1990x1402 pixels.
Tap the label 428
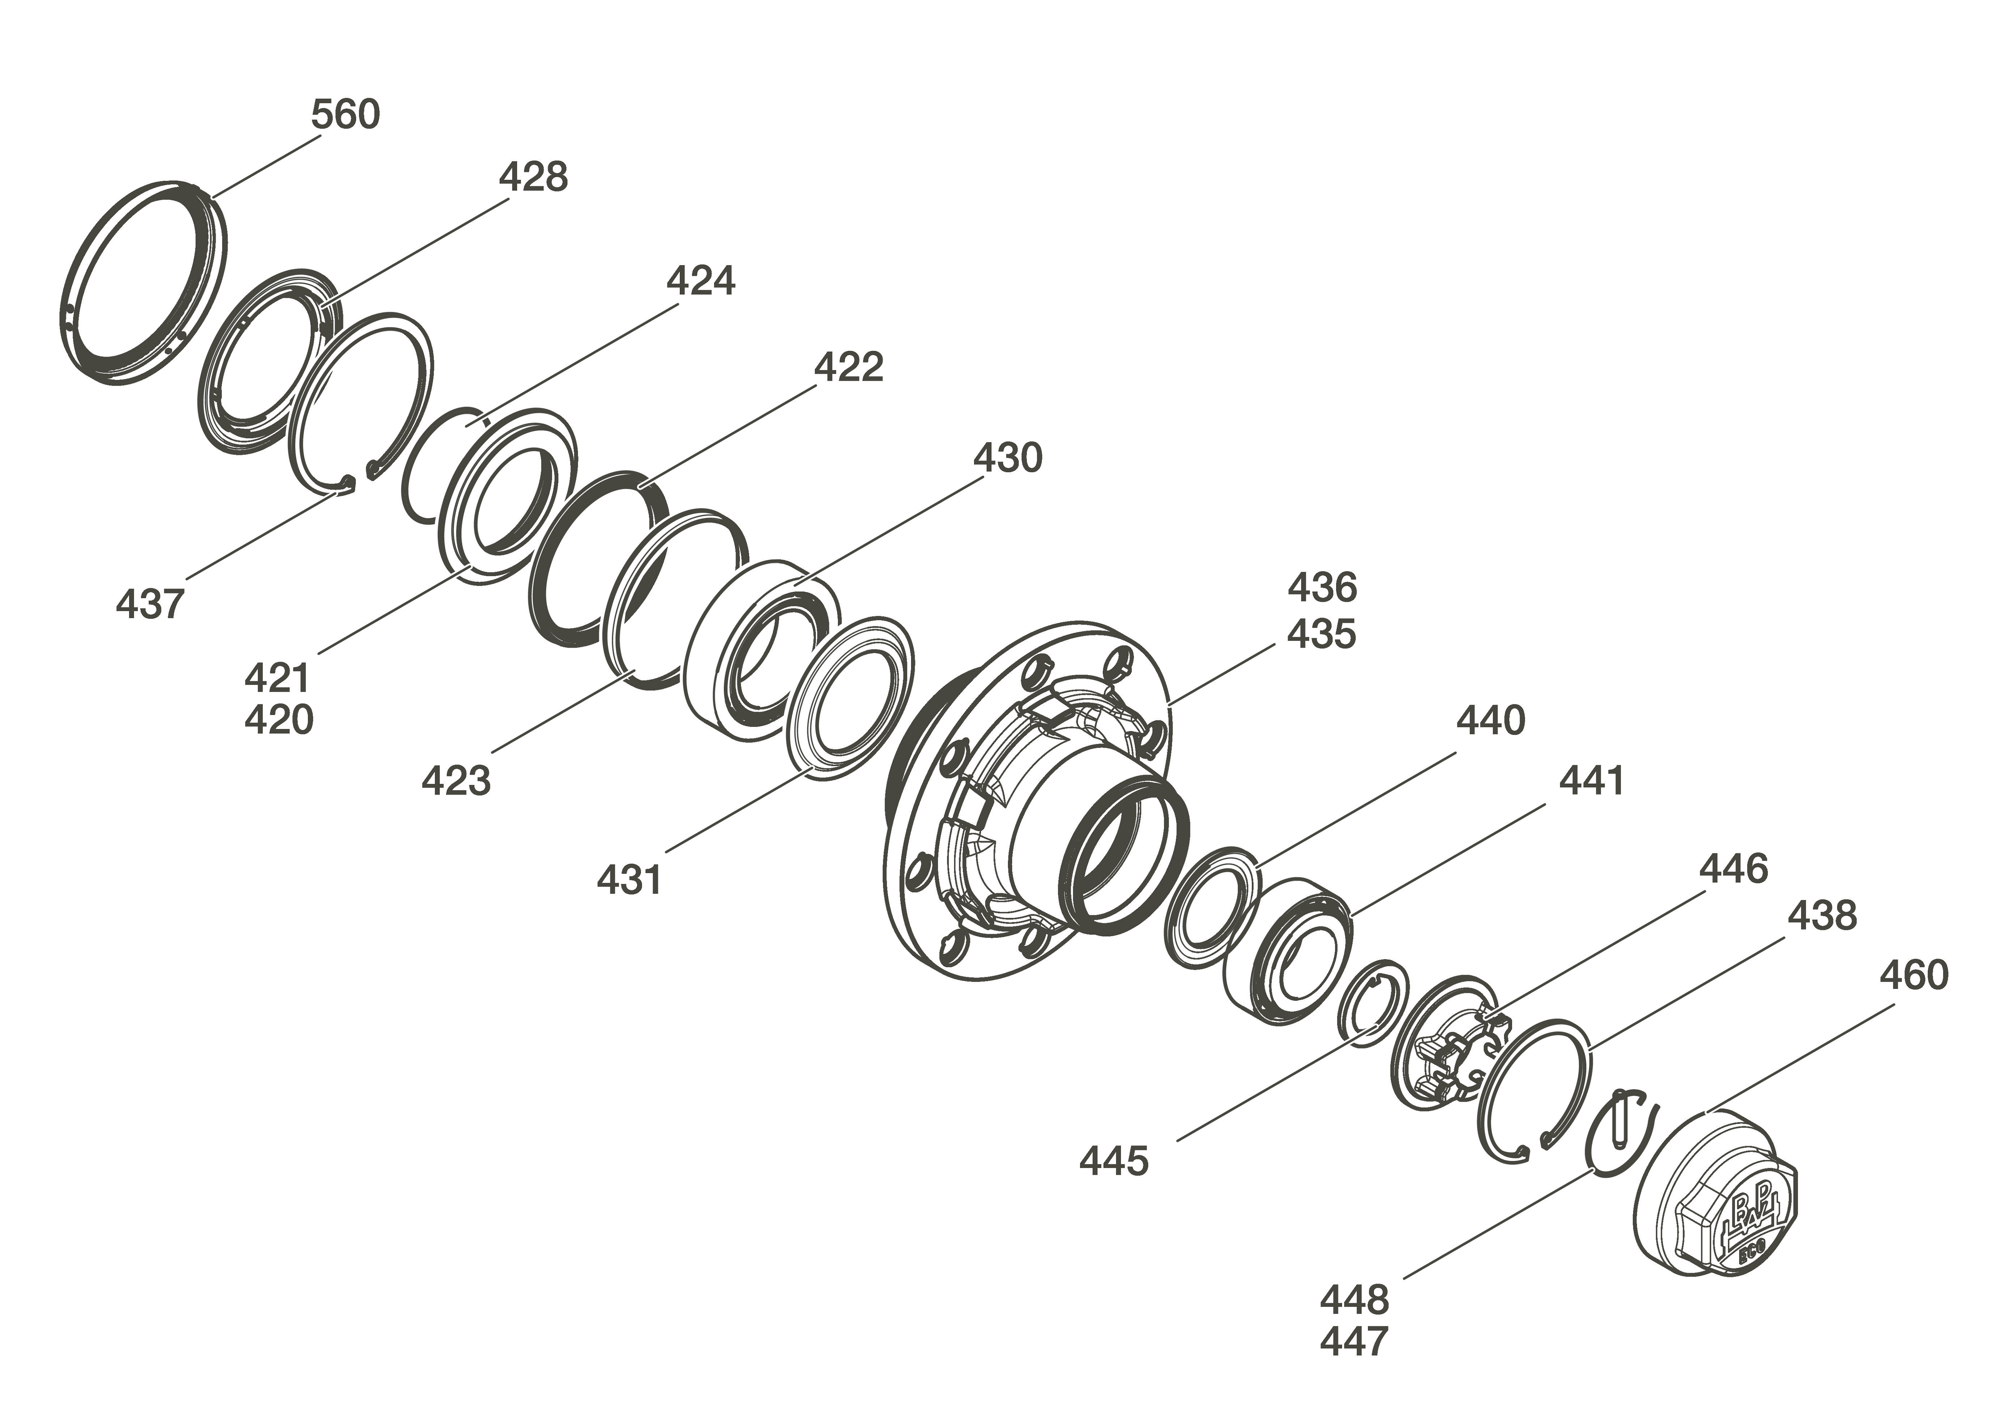(x=533, y=177)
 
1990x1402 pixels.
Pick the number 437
(x=150, y=604)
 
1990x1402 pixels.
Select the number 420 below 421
(x=278, y=720)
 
